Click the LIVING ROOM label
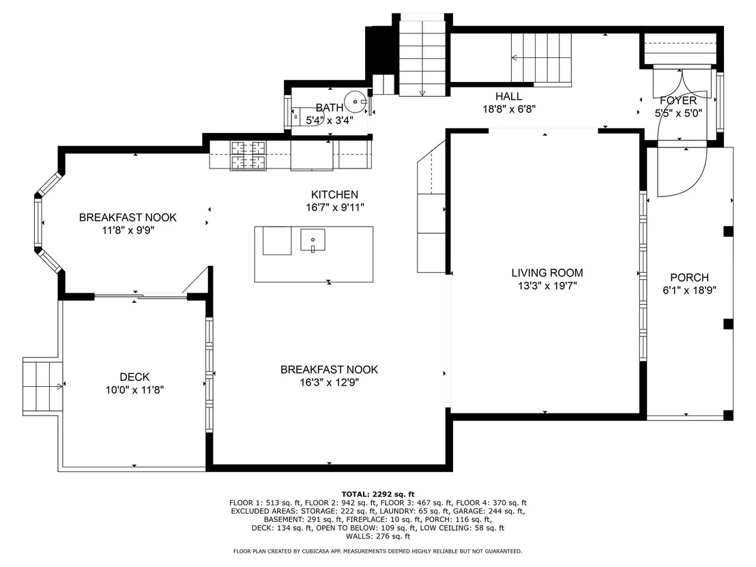point(547,273)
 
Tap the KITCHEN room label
point(334,194)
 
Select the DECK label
point(134,377)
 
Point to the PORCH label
point(689,278)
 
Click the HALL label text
point(508,96)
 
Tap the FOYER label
point(678,101)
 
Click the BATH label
point(330,108)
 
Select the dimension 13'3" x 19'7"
point(547,286)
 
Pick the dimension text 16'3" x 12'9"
point(330,383)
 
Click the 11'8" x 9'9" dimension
point(128,231)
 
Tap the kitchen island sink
point(313,240)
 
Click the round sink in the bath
point(356,102)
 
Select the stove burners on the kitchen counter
point(248,156)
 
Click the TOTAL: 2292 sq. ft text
point(378,494)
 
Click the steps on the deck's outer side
point(43,386)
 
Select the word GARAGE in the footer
point(465,511)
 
